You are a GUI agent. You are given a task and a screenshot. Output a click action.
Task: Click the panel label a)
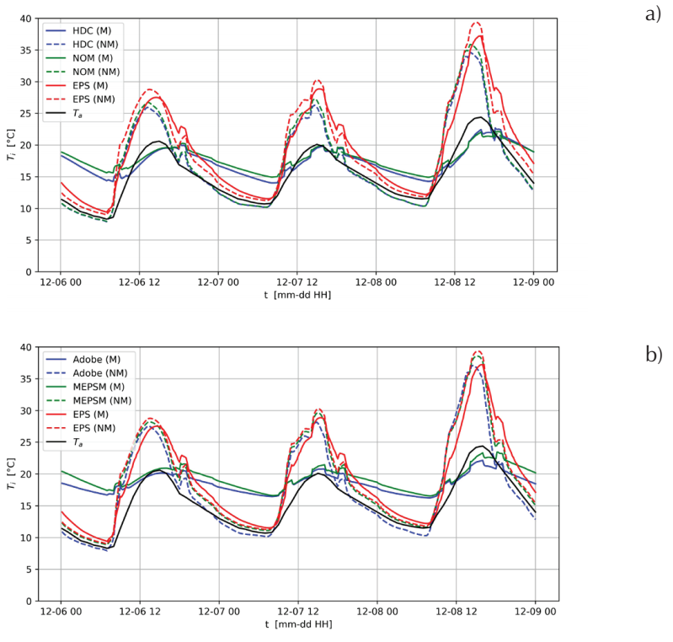(653, 14)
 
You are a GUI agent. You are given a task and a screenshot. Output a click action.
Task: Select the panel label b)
(653, 354)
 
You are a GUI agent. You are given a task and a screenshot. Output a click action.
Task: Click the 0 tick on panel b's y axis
(31, 601)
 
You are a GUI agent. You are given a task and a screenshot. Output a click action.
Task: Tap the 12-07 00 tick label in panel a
(218, 284)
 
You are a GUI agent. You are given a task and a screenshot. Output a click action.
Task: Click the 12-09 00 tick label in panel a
(534, 284)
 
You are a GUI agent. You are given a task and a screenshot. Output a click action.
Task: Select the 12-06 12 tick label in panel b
(139, 613)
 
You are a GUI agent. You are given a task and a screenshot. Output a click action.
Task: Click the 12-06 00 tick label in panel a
(61, 284)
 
